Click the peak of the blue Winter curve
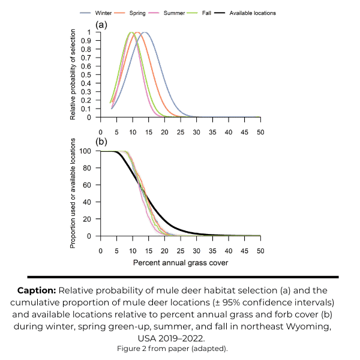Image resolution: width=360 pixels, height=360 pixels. coord(145,32)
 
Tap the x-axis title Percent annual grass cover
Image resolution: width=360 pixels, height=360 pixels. coord(180,263)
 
